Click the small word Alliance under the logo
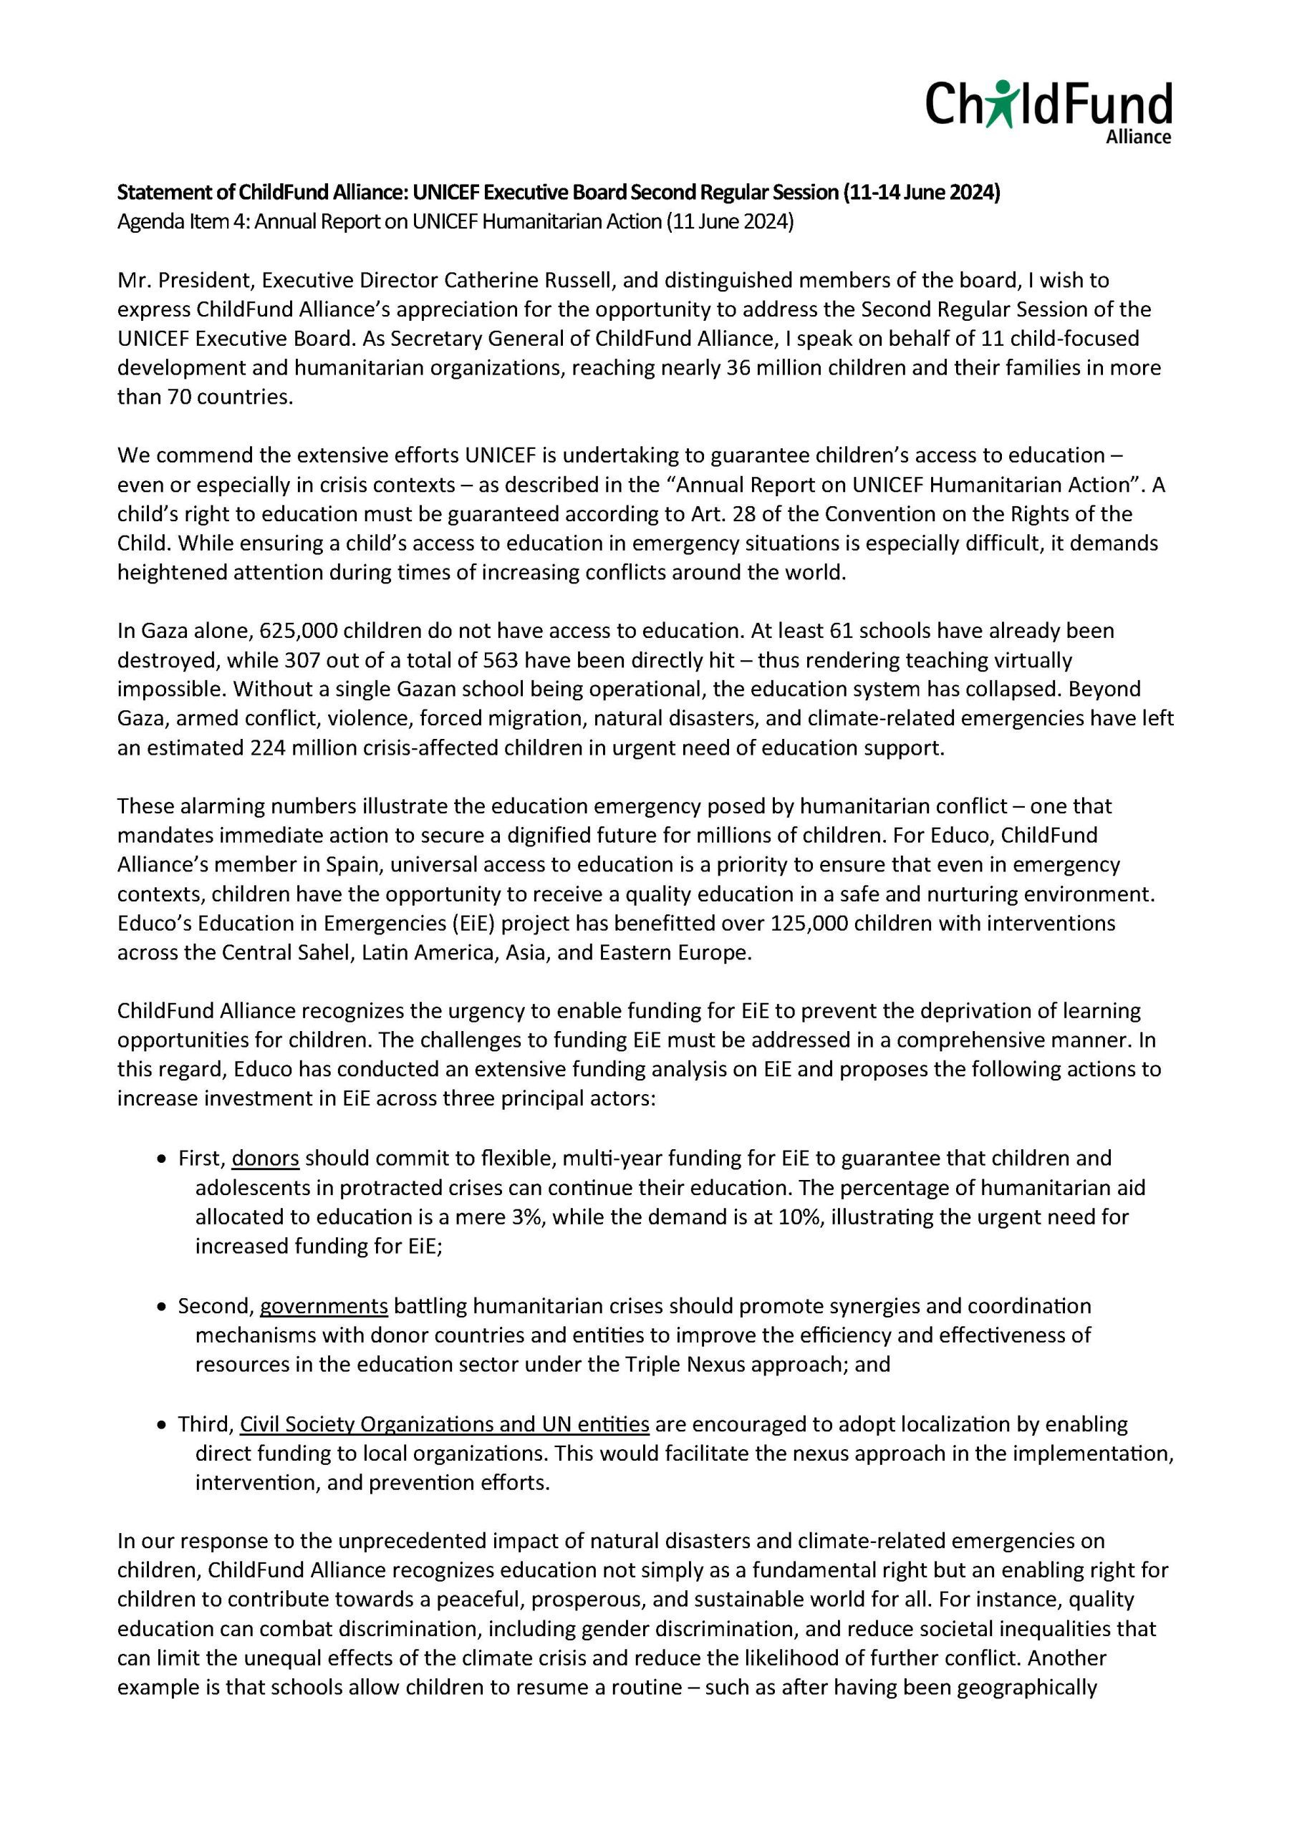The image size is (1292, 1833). click(x=1137, y=137)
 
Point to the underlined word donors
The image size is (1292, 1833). click(x=265, y=1158)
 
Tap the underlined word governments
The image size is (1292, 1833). click(x=324, y=1305)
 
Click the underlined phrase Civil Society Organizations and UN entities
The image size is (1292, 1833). click(x=444, y=1423)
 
